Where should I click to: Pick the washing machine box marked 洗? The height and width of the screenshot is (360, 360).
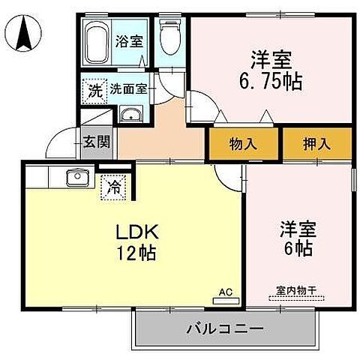click(x=94, y=90)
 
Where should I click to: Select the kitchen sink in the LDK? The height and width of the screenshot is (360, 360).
click(x=76, y=178)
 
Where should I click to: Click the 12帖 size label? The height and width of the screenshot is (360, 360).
click(x=135, y=253)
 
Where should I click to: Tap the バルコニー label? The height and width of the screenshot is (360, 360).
click(x=223, y=328)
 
